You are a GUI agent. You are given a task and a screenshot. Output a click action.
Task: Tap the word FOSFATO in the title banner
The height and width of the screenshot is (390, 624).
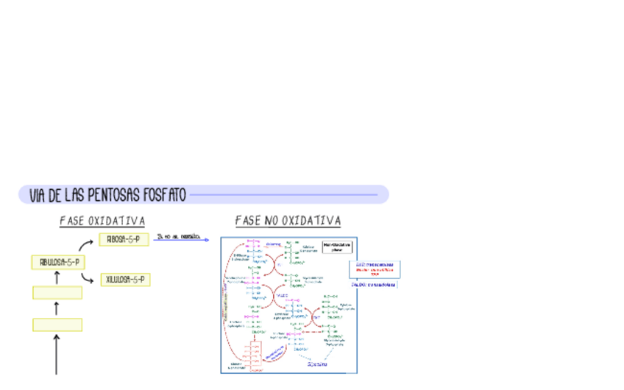[x=166, y=196]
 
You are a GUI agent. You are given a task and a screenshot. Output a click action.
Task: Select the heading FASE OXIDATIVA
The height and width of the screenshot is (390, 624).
[x=102, y=221]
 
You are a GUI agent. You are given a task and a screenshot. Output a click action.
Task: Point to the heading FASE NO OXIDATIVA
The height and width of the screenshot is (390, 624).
[x=288, y=221]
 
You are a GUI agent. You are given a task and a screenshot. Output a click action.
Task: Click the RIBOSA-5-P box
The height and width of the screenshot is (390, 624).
[x=124, y=239]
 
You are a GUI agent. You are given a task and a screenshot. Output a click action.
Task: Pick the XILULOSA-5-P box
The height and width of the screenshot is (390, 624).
[x=126, y=280]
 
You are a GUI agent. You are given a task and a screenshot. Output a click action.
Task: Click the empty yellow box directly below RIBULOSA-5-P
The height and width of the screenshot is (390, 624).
[x=57, y=293]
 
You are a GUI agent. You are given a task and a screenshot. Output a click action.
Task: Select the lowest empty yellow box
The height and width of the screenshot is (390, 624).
[x=57, y=325]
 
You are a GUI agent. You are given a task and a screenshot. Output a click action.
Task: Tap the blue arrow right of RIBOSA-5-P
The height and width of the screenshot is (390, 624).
[x=182, y=240]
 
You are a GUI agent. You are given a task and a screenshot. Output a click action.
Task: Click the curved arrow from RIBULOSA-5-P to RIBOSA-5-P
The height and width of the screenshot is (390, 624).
[x=85, y=245]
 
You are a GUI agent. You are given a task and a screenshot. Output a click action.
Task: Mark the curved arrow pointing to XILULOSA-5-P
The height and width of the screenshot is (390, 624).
[x=88, y=278]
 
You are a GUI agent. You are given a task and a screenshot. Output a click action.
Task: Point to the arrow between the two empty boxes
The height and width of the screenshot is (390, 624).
[x=57, y=309]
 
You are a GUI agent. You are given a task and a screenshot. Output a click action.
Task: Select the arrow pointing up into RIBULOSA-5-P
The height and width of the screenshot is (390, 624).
[x=57, y=277]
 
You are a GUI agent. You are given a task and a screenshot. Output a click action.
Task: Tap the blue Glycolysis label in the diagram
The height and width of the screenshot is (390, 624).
[x=316, y=364]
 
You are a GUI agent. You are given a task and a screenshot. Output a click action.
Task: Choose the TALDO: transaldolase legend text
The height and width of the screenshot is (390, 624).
[x=374, y=284]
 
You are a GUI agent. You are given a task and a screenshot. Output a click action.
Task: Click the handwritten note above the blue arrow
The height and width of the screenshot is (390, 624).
[x=179, y=235]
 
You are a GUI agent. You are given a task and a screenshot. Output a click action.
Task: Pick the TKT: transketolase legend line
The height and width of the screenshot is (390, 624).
[x=375, y=265]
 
